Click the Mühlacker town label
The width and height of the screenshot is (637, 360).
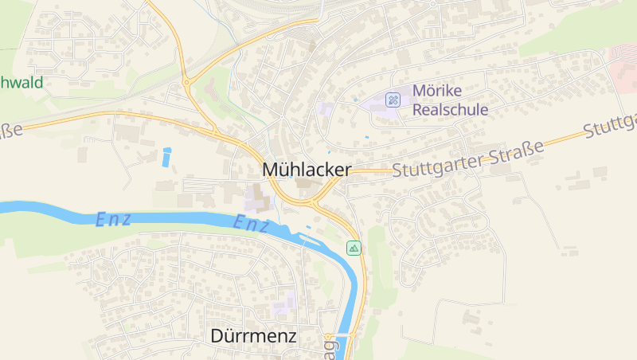(x=307, y=170)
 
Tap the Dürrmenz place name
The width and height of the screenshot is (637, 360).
(x=253, y=336)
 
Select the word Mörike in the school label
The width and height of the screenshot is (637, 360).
(x=438, y=92)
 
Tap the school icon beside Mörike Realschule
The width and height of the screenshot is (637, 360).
(x=393, y=100)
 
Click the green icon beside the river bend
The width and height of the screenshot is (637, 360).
(x=354, y=248)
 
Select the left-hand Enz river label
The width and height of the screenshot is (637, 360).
(x=113, y=219)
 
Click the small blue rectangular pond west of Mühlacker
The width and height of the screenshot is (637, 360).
(x=166, y=157)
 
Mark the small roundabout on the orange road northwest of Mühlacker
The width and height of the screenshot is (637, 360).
(x=186, y=80)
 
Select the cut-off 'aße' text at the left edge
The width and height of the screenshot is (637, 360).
(x=10, y=131)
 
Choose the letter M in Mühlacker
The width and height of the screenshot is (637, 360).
(x=271, y=170)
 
